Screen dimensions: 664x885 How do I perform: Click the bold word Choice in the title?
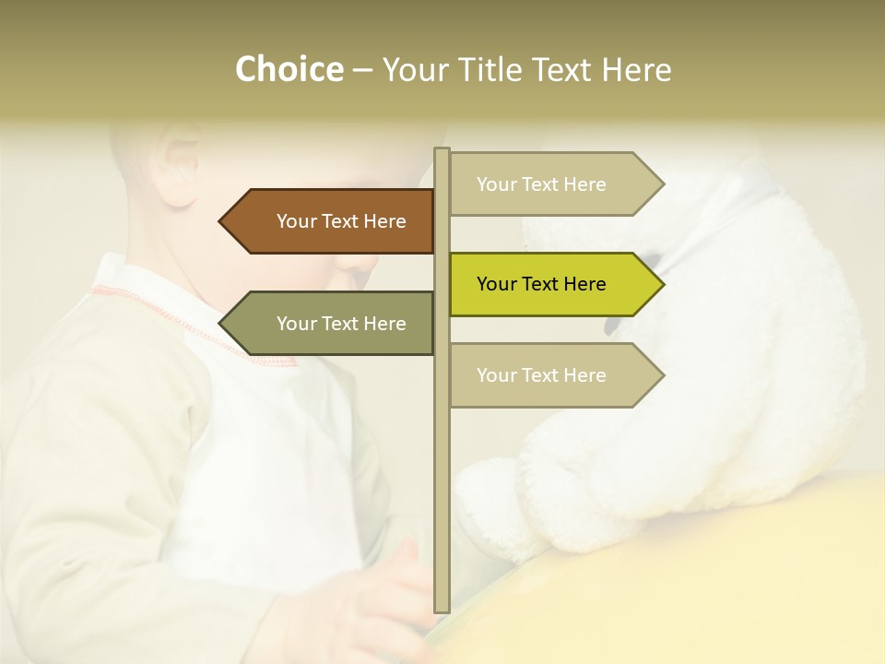pyautogui.click(x=289, y=69)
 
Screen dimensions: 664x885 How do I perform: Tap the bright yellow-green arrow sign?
pyautogui.click(x=553, y=284)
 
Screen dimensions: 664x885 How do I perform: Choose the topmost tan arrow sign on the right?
pyautogui.click(x=553, y=184)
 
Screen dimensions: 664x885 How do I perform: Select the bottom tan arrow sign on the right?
pyautogui.click(x=553, y=375)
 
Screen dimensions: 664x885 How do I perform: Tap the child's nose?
pyautogui.click(x=360, y=263)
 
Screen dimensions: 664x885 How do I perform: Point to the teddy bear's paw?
pyautogui.click(x=498, y=507)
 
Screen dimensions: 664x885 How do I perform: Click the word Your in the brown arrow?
pyautogui.click(x=297, y=221)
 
